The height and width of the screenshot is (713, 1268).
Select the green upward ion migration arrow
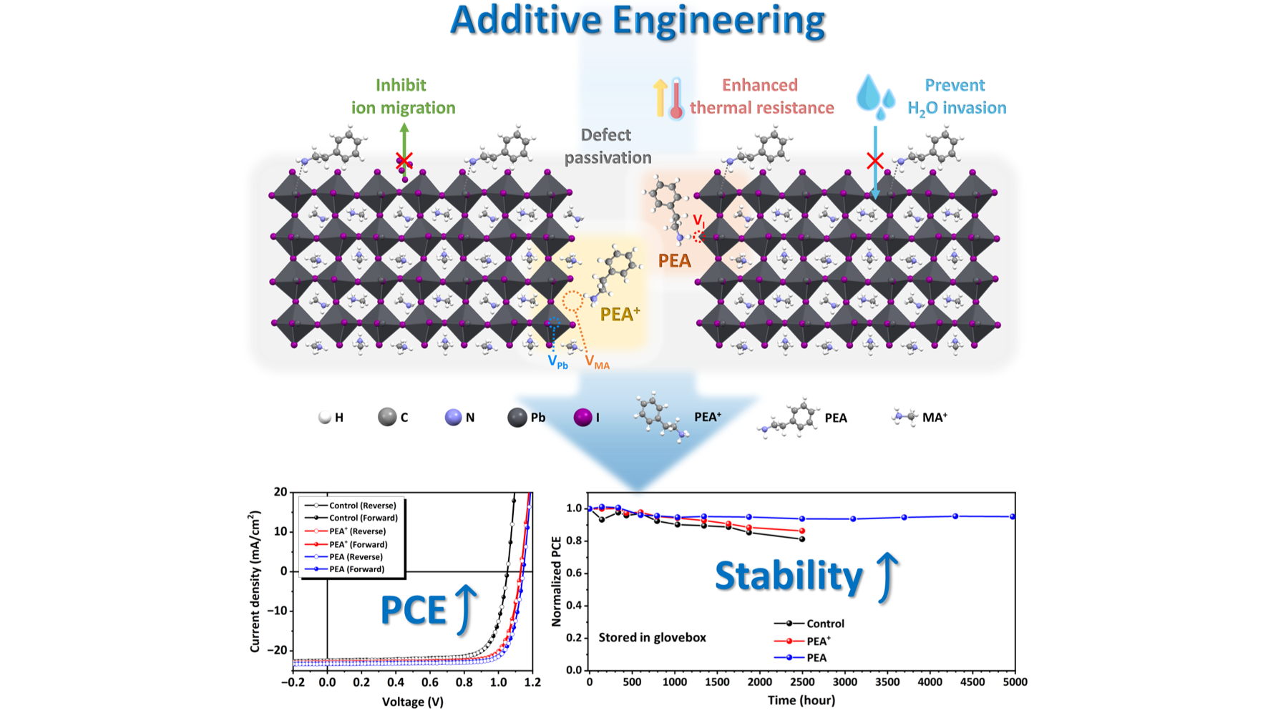[404, 150]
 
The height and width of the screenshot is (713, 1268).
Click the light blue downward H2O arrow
[875, 163]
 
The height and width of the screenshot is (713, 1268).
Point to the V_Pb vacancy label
[557, 362]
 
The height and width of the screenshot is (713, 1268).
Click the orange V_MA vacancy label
[598, 363]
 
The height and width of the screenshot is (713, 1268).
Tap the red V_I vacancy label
[698, 221]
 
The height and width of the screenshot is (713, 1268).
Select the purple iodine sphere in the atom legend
[583, 417]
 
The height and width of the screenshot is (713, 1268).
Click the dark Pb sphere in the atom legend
[517, 418]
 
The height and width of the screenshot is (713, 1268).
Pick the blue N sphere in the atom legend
[453, 418]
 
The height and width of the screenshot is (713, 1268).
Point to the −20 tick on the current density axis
[277, 650]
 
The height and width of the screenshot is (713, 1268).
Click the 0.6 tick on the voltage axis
[429, 682]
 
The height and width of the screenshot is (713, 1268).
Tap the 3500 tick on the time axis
[887, 682]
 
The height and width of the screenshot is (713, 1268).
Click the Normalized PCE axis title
[557, 581]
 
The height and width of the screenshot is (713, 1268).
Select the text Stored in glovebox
[652, 637]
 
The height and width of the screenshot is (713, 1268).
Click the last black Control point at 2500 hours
[801, 539]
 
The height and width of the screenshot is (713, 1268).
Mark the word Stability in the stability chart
[789, 576]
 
